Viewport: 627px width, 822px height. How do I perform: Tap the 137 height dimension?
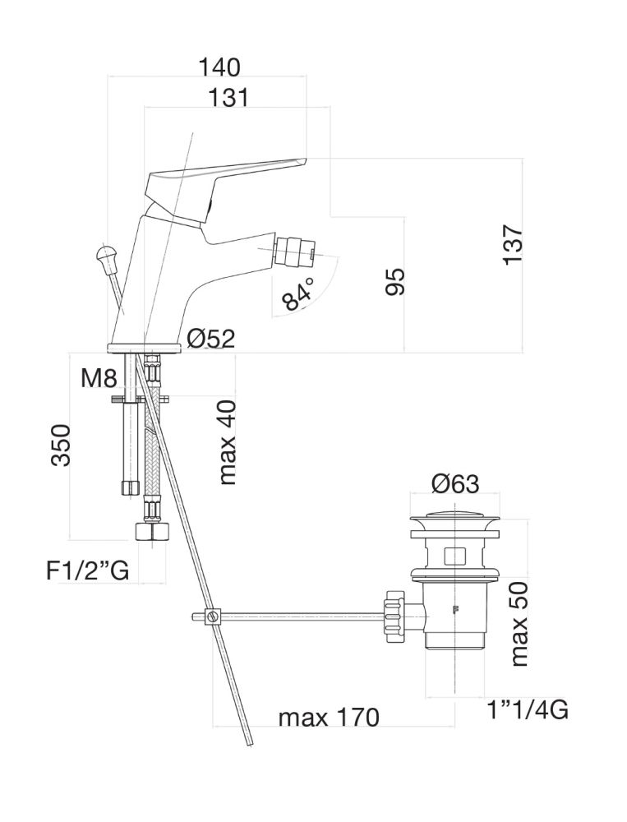pyautogui.click(x=514, y=243)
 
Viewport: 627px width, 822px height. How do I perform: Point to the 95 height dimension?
pyautogui.click(x=395, y=282)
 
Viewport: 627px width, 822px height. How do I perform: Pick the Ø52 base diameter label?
pyautogui.click(x=210, y=338)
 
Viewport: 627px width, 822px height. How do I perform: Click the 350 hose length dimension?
pyautogui.click(x=62, y=445)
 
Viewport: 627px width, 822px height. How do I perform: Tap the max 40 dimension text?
pyautogui.click(x=228, y=441)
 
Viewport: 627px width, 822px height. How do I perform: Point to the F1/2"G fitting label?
pyautogui.click(x=87, y=570)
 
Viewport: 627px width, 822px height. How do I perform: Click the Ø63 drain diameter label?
pyautogui.click(x=454, y=483)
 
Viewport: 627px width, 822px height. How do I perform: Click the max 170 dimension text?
pyautogui.click(x=329, y=718)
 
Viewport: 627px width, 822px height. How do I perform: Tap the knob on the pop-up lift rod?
pyautogui.click(x=106, y=256)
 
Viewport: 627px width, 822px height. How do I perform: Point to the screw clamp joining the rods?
pyautogui.click(x=213, y=616)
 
